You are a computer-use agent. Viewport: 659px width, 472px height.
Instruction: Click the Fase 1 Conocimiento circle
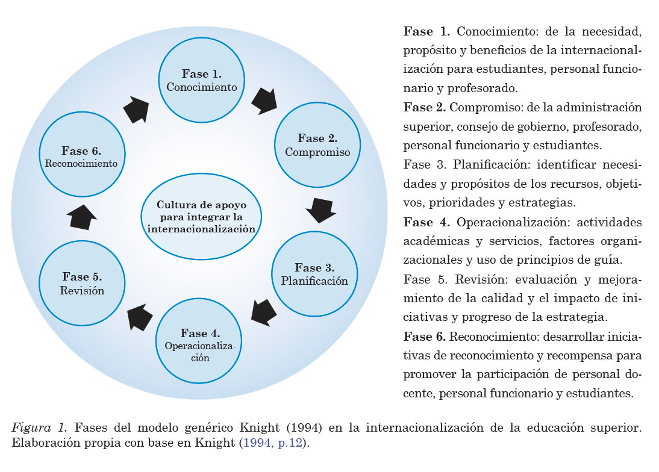coord(202,80)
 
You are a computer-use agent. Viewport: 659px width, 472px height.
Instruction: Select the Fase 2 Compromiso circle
coord(317,145)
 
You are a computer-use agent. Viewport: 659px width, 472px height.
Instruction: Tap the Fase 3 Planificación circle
coord(314,274)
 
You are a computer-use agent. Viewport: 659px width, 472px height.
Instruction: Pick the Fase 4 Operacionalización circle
coord(200,344)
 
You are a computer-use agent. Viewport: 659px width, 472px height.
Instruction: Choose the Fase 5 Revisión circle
coord(82,284)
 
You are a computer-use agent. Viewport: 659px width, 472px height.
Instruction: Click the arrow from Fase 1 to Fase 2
coord(263,101)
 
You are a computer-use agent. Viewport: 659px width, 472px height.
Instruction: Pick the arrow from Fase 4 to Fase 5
coord(140,316)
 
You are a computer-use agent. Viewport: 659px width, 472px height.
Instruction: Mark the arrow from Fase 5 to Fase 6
coord(83,216)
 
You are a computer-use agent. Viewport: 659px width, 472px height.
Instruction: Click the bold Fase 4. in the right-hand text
coord(426,222)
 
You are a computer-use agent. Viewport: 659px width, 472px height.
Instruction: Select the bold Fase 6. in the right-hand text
coord(424,335)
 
